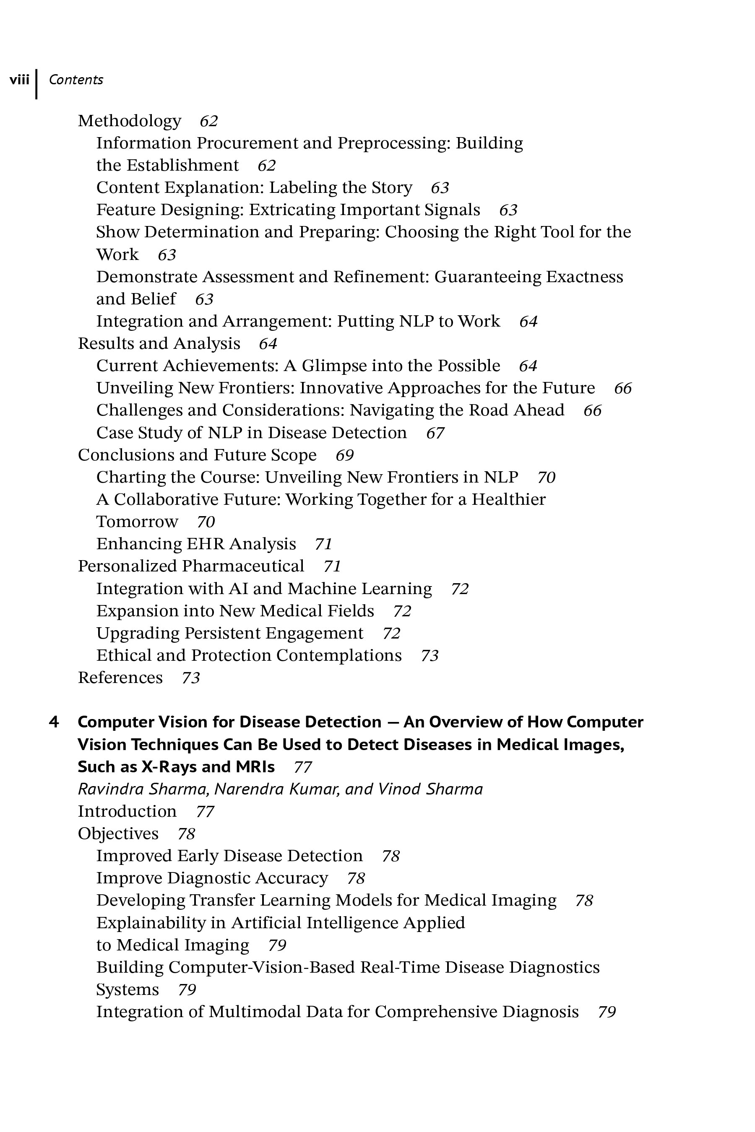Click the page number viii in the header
click(x=19, y=79)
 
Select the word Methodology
click(x=130, y=121)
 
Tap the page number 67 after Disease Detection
click(x=435, y=433)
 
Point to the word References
click(x=120, y=678)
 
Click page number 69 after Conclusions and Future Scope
click(x=345, y=455)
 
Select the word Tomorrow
click(x=137, y=522)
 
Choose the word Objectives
click(x=118, y=833)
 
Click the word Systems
click(x=128, y=989)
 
